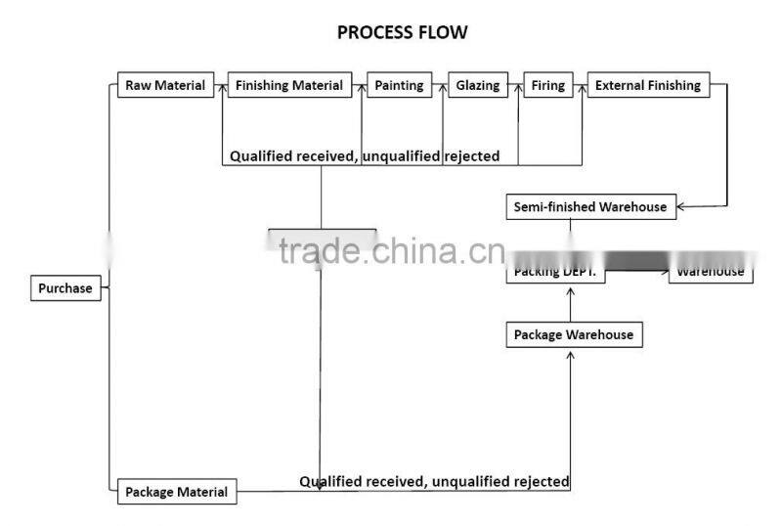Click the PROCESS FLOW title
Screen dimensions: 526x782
(x=402, y=32)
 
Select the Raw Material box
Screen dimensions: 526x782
(x=165, y=85)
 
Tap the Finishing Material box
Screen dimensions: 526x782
(x=289, y=85)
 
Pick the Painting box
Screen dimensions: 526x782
(x=399, y=85)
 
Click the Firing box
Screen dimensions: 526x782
(x=547, y=85)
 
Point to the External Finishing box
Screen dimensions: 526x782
(x=648, y=85)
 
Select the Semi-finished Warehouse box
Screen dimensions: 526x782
(x=590, y=206)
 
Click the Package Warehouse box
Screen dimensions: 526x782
(x=574, y=335)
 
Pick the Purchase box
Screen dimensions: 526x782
(x=65, y=288)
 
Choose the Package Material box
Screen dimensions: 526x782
(x=177, y=492)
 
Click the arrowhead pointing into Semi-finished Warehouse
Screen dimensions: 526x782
(x=683, y=206)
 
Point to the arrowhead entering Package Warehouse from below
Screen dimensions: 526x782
(x=570, y=355)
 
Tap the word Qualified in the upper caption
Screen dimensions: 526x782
(x=264, y=155)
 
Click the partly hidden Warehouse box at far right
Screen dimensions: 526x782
(x=711, y=271)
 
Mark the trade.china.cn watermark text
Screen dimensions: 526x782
(x=391, y=251)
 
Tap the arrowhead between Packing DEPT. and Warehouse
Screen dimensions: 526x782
(x=666, y=265)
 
